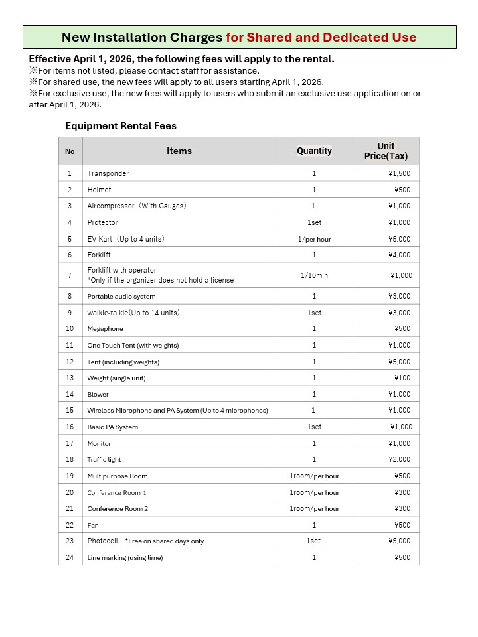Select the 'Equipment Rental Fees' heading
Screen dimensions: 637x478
pyautogui.click(x=121, y=125)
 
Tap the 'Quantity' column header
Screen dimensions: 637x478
pyautogui.click(x=314, y=151)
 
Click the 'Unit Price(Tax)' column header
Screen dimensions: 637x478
pyautogui.click(x=386, y=151)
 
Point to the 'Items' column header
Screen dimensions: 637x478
pyautogui.click(x=179, y=151)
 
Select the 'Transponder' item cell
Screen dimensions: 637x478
pyautogui.click(x=108, y=173)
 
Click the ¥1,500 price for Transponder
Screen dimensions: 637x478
pyautogui.click(x=399, y=173)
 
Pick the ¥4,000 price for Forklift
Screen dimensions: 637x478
pyautogui.click(x=399, y=255)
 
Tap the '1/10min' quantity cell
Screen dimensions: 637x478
pyautogui.click(x=314, y=275)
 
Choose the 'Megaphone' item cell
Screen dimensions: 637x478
pyautogui.click(x=106, y=328)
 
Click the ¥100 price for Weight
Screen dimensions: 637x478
pyautogui.click(x=402, y=378)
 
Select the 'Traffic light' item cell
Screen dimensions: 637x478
pyautogui.click(x=104, y=459)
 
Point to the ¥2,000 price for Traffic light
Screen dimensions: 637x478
pyautogui.click(x=399, y=459)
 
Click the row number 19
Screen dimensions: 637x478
pyautogui.click(x=70, y=476)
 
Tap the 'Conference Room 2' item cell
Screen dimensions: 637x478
pyautogui.click(x=118, y=508)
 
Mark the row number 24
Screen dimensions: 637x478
pyautogui.click(x=70, y=557)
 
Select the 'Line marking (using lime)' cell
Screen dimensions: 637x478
pyautogui.click(x=125, y=557)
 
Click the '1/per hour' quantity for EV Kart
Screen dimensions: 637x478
pyautogui.click(x=314, y=239)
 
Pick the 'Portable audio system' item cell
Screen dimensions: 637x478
pyautogui.click(x=121, y=296)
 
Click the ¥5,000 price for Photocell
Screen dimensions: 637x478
pyautogui.click(x=399, y=541)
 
